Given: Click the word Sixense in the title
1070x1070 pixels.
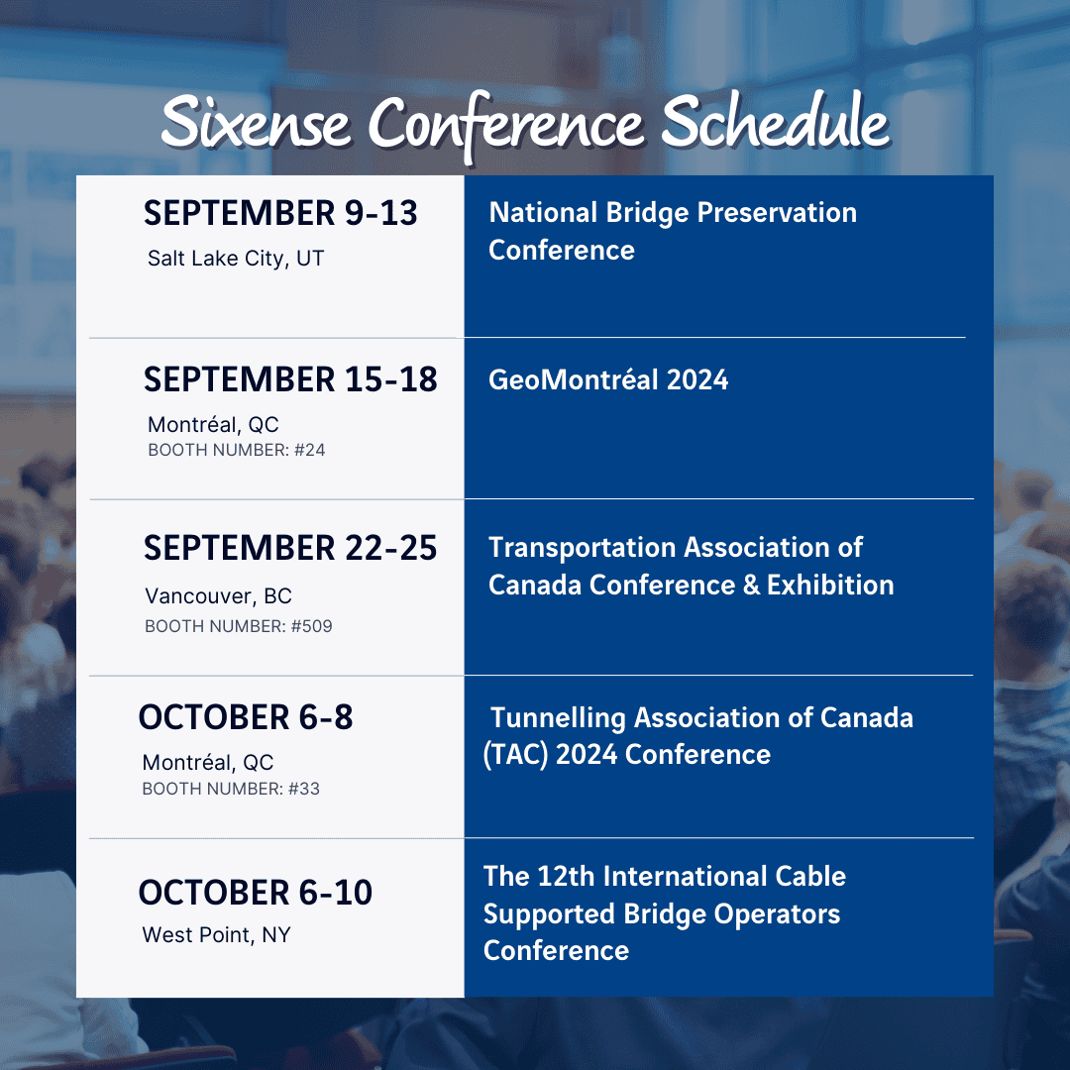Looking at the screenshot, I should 255,124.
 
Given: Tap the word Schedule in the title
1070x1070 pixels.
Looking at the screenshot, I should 775,124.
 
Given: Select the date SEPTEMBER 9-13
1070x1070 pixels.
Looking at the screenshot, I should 280,213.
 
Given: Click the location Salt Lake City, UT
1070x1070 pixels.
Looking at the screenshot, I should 236,259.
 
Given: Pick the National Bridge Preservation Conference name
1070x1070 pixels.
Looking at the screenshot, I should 672,231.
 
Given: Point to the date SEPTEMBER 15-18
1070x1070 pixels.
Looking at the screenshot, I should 290,379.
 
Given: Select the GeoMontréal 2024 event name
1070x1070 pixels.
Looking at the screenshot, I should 607,379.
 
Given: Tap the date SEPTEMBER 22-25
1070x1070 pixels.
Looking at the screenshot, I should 290,548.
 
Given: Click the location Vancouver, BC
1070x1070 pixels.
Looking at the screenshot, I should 218,596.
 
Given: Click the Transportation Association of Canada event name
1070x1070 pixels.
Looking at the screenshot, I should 691,566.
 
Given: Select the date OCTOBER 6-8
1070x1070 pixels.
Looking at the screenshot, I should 246,717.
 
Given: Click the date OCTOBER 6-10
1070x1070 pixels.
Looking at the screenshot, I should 256,893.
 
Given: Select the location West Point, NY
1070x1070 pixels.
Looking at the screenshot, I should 216,934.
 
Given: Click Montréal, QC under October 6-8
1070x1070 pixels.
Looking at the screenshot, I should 208,763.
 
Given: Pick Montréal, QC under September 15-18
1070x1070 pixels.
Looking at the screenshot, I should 213,425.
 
